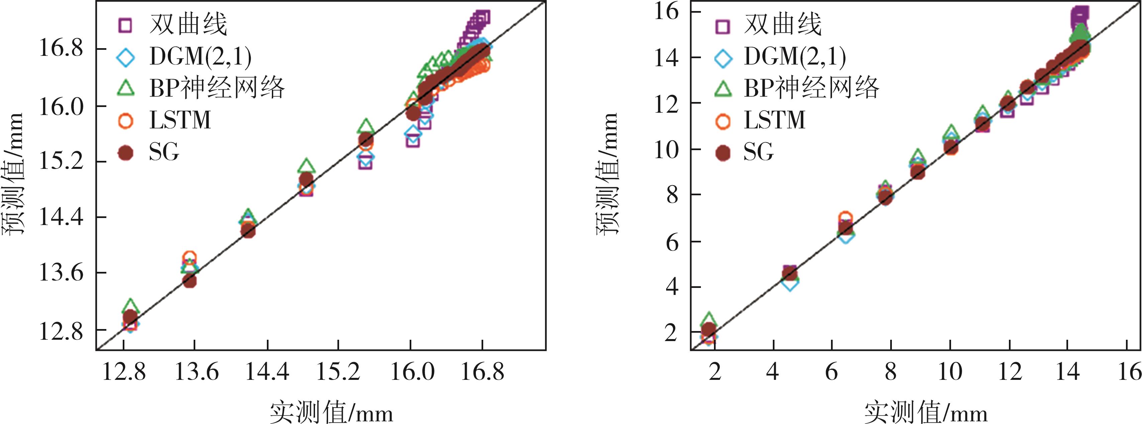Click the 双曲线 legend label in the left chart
[x=188, y=24]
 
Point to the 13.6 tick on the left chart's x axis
[x=196, y=372]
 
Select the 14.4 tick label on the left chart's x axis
[x=267, y=372]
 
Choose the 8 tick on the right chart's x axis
[x=891, y=372]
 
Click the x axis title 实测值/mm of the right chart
[x=926, y=413]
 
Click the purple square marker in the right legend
[x=723, y=25]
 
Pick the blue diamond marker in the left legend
[x=126, y=57]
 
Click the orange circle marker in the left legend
[x=126, y=121]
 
